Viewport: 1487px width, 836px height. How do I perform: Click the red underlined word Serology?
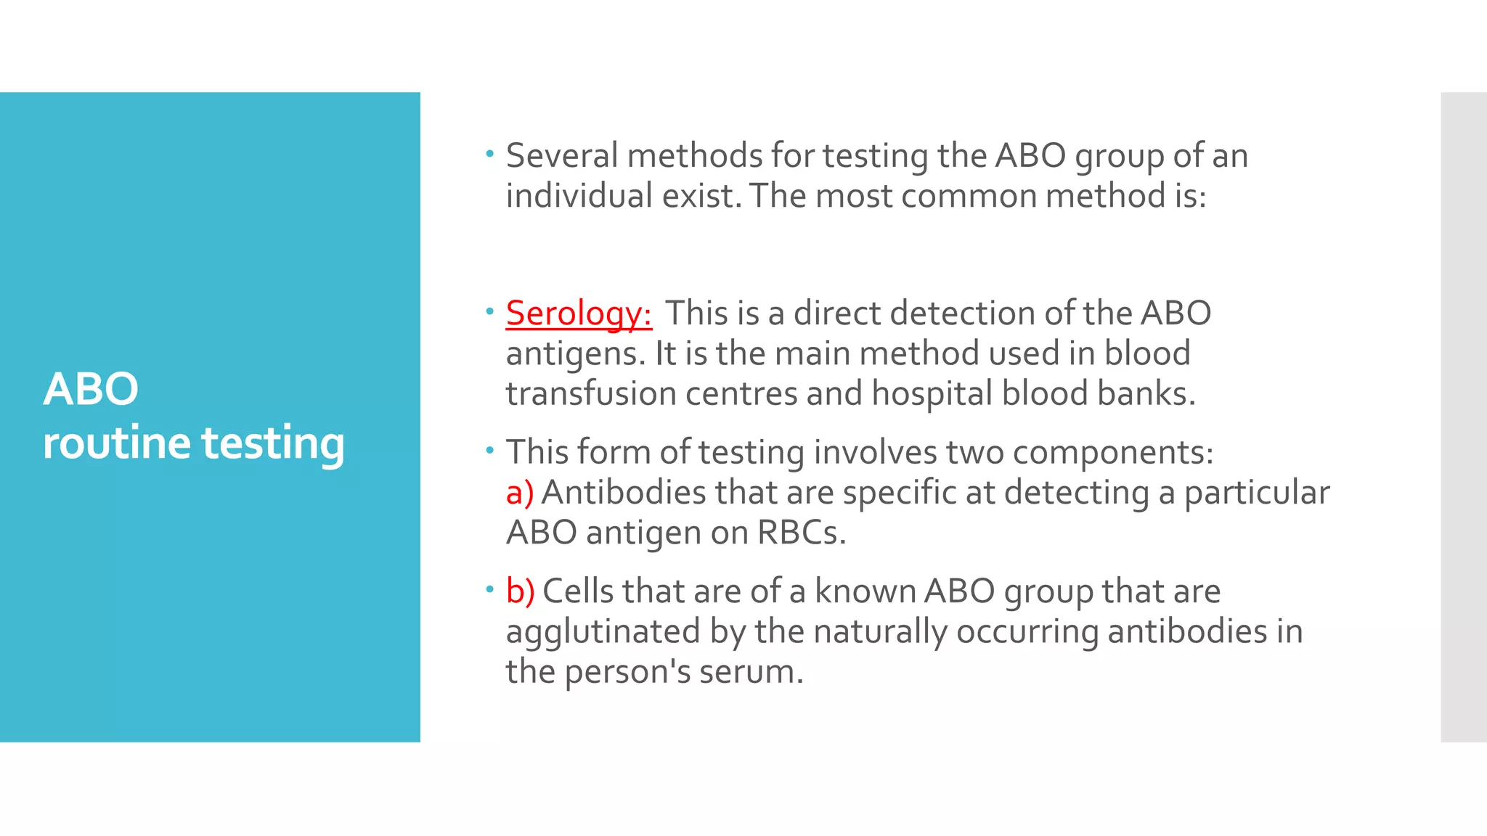pos(578,314)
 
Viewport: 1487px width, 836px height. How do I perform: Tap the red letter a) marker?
pos(519,493)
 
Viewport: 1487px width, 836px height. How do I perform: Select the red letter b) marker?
pos(520,591)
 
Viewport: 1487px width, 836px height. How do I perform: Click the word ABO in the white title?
pos(91,390)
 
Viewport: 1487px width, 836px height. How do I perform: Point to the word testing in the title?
pos(272,443)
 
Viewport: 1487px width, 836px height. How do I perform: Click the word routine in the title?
pos(116,443)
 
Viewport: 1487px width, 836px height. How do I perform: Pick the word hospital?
pos(932,394)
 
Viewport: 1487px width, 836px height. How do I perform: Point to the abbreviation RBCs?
pos(801,533)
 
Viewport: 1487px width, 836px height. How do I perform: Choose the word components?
pos(1112,453)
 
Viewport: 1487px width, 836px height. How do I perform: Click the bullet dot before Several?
pos(490,153)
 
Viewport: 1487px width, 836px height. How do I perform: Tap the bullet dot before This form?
pos(490,451)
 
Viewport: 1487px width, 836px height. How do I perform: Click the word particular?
pos(1257,493)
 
